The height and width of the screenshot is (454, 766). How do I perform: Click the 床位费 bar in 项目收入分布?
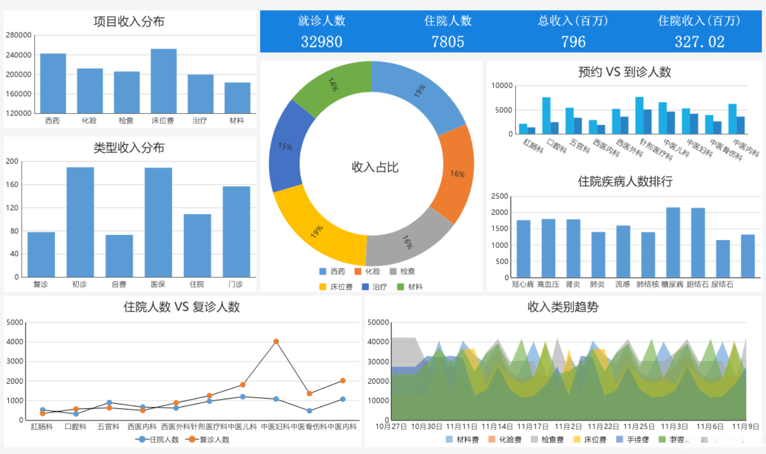coord(164,81)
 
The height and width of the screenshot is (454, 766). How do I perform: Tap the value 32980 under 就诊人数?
coord(322,41)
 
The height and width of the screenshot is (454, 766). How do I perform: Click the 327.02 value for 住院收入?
coord(699,41)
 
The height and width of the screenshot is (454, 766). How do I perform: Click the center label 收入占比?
coord(375,167)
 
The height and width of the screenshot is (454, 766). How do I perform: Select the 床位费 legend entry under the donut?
coord(336,287)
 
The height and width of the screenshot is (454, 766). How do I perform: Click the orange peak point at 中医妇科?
coord(276,342)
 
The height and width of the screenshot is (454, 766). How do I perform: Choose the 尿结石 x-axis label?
coord(722,284)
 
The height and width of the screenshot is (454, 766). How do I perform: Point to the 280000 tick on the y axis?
coord(19,35)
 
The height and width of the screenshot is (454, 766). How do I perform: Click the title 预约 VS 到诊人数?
coord(625,72)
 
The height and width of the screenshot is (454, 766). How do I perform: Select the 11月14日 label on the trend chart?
coord(497,427)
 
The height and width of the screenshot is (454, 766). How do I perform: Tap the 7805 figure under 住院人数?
coord(447,41)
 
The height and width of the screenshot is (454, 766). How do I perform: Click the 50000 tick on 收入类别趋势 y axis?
coord(378,323)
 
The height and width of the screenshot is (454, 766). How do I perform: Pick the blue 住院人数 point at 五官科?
coord(109,403)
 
